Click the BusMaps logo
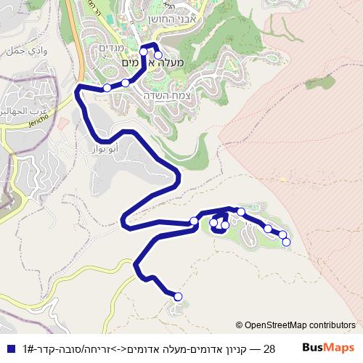coord(328,348)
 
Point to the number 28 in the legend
coord(269,348)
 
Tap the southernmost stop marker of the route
coord(178,295)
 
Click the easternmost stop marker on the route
coord(286,242)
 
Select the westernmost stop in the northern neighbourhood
coord(107,88)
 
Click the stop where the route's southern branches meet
coord(194,221)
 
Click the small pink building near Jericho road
coord(63,125)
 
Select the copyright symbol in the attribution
coord(239,325)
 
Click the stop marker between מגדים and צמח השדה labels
coord(125,83)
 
